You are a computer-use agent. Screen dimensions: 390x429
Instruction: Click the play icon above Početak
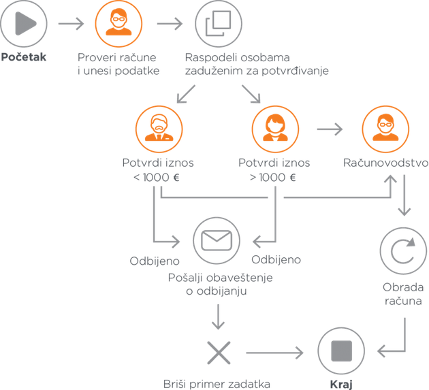[25, 24]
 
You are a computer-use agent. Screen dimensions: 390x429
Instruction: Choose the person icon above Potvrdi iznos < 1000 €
[158, 128]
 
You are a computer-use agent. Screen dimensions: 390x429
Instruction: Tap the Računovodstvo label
[385, 163]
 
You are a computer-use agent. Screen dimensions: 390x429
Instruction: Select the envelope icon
[217, 240]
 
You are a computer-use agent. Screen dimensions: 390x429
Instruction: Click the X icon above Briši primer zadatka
[219, 353]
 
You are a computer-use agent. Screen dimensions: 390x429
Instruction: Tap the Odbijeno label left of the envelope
[155, 261]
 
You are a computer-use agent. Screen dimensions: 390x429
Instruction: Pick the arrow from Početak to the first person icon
[71, 24]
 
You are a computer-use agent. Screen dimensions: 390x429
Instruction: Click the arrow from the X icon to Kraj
[275, 353]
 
